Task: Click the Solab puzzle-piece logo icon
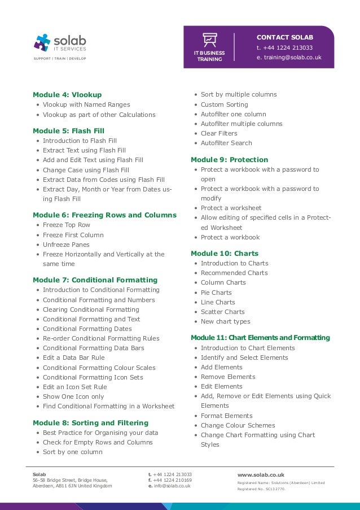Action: [x=42, y=42]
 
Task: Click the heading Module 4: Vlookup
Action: [x=67, y=94]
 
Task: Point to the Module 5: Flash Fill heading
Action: [x=68, y=130]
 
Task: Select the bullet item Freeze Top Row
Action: [x=66, y=225]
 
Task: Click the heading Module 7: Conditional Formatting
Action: [x=95, y=280]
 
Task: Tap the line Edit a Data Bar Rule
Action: [x=73, y=358]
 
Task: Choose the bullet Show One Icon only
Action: [x=73, y=396]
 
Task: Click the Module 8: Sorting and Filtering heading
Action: [x=90, y=422]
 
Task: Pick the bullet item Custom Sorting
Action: [x=224, y=104]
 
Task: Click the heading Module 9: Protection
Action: [x=229, y=159]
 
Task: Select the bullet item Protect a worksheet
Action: [x=231, y=208]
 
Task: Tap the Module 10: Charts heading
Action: [x=225, y=253]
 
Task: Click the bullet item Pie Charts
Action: [x=216, y=293]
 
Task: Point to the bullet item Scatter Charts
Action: [x=222, y=312]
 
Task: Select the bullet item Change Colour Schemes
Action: [x=238, y=425]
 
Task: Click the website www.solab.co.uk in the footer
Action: [x=261, y=475]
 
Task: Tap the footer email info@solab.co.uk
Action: [x=172, y=486]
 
